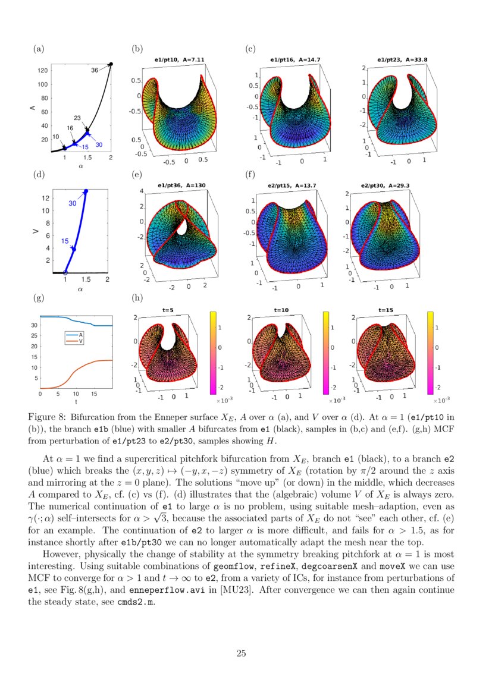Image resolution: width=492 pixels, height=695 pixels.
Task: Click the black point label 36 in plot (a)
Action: pos(95,70)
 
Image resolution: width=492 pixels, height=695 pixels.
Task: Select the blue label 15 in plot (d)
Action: pos(65,241)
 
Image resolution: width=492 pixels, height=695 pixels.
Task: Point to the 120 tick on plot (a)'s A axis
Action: pos(42,71)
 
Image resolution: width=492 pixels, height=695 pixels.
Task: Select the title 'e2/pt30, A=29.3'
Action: pos(385,185)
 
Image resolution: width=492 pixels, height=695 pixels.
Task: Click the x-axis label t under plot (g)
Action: pos(76,402)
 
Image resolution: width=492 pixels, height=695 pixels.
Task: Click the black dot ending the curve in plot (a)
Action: pos(111,64)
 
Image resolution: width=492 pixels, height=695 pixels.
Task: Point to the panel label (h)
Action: pos(137,297)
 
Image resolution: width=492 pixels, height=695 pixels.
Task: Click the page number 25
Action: pos(241,654)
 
